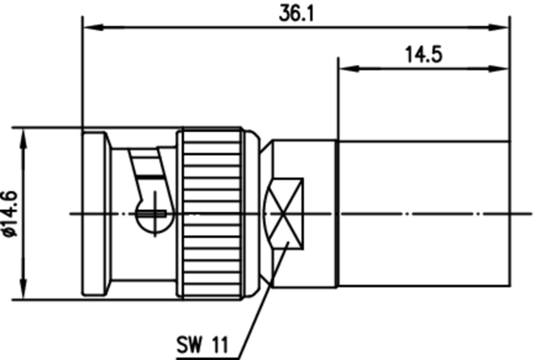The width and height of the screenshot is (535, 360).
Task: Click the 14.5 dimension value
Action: [424, 55]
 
